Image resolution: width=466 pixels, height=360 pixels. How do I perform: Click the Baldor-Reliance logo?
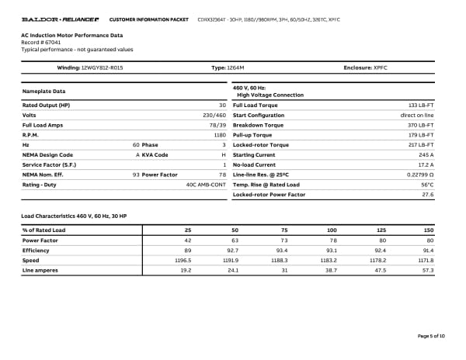[59, 18]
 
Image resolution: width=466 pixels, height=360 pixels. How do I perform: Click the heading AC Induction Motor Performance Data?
[71, 36]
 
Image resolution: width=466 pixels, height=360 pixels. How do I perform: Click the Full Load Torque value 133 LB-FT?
[420, 105]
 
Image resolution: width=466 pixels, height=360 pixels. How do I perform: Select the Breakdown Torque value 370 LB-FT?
[420, 125]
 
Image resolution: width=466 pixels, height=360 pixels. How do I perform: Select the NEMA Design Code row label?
[47, 154]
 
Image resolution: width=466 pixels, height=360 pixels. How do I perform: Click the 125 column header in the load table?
[381, 230]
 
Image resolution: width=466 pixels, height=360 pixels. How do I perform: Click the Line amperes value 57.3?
[426, 270]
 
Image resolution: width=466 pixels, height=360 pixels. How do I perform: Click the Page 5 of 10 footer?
[430, 335]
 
